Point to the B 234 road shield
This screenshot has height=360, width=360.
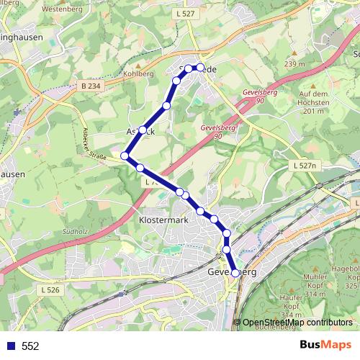pos(86,85)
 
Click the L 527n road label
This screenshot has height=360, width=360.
pos(307,166)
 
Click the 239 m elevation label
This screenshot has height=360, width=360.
pos(295,64)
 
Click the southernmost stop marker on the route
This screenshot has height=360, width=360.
pos(235,274)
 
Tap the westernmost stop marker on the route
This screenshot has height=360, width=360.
pos(125,156)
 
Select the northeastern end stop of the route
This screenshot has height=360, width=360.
pos(200,68)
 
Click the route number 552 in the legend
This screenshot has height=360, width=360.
pos(30,346)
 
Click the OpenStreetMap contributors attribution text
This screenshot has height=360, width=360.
pos(297,323)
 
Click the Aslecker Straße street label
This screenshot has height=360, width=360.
pos(96,145)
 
